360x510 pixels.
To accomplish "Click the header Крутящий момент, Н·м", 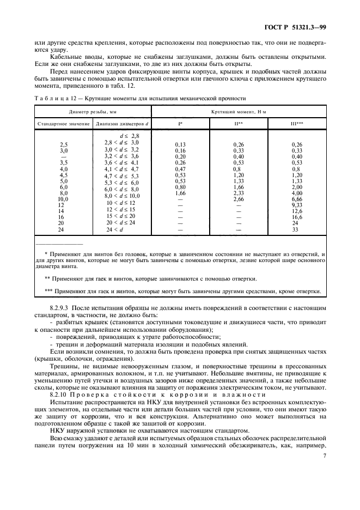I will [x=239, y=111].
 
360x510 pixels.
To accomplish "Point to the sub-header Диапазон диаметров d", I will [x=121, y=124].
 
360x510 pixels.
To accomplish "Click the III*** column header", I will [x=297, y=124].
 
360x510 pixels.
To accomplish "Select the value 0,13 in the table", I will [x=180, y=144].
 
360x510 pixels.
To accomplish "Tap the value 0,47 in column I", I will [x=180, y=169].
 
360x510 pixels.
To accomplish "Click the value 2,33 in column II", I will [x=239, y=193].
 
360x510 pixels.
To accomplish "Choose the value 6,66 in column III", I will [x=297, y=199].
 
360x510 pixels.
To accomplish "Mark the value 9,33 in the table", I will [x=297, y=205].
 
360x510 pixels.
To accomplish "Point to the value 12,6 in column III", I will [x=297, y=211].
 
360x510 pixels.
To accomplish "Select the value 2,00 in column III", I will [x=297, y=187].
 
